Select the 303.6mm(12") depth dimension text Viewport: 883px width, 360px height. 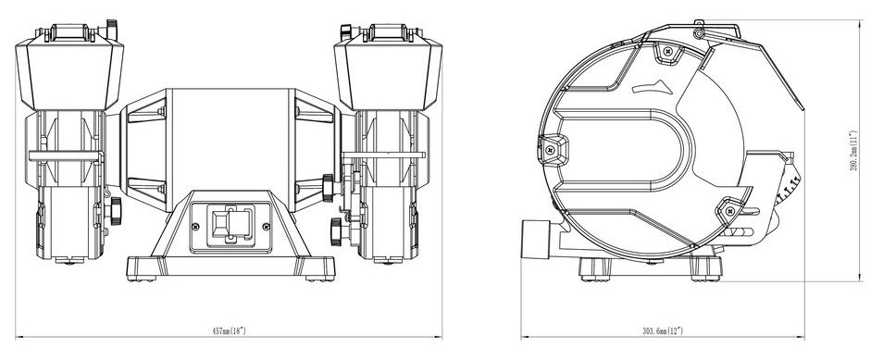[x=663, y=330]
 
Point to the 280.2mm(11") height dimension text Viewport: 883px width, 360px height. [x=853, y=151]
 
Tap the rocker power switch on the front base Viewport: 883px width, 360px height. [x=230, y=225]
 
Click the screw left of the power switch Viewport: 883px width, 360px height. [x=195, y=227]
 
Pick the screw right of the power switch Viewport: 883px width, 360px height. [x=267, y=227]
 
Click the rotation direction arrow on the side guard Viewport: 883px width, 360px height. [x=653, y=87]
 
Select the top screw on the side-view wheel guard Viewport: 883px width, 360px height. [x=668, y=51]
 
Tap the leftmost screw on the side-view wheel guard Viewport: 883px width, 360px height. [x=550, y=151]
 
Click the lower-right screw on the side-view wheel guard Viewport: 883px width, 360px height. [x=730, y=211]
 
